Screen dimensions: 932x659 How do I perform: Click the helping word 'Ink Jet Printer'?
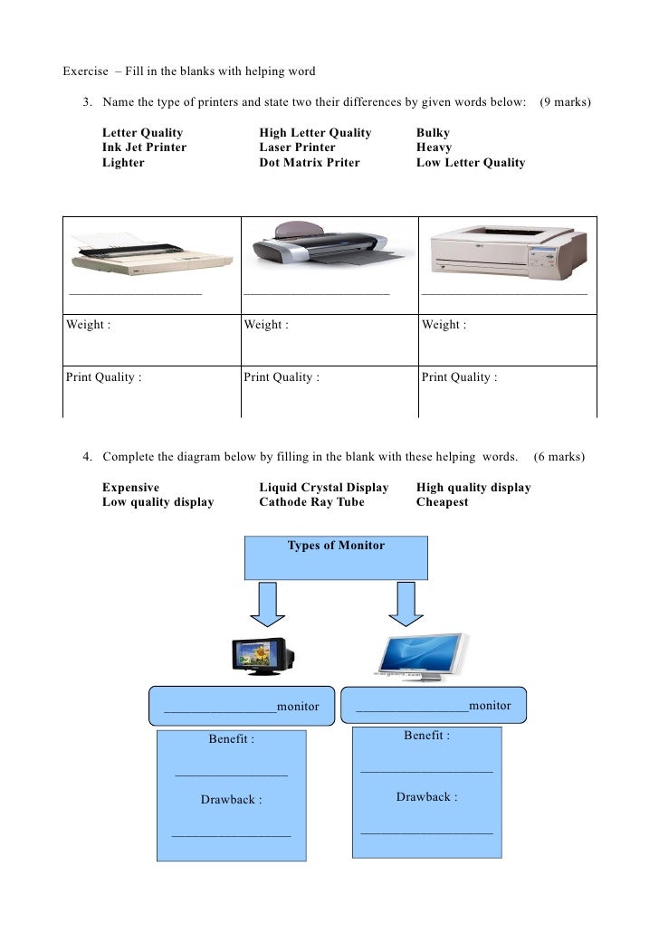(144, 147)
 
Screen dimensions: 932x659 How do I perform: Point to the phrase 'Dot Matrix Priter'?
(309, 163)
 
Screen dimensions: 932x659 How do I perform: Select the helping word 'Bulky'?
(433, 133)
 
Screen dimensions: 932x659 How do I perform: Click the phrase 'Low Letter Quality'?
(470, 163)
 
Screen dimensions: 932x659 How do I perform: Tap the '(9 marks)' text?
(565, 102)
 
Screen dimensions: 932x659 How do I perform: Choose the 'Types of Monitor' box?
(336, 556)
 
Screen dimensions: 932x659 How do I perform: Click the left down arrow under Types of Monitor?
(268, 604)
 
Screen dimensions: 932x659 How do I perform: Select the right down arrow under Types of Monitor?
(406, 604)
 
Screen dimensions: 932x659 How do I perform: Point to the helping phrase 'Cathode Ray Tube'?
(311, 502)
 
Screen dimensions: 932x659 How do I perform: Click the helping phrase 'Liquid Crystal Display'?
(323, 488)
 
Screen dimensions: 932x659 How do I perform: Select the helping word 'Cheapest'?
(442, 502)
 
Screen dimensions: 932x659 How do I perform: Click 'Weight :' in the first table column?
(89, 325)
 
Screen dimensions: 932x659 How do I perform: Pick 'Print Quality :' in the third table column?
(459, 377)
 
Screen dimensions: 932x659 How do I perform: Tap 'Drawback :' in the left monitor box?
(231, 800)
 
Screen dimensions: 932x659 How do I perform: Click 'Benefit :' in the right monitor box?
(426, 736)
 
